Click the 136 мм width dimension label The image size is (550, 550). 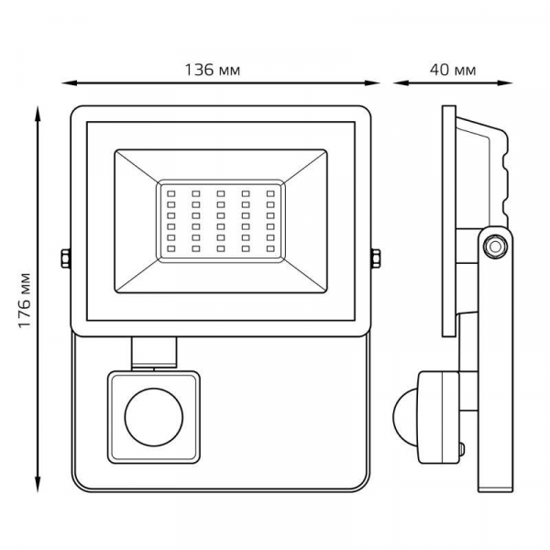pos(213,71)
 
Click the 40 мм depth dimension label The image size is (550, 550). pos(453,71)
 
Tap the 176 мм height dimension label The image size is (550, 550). pos(25,300)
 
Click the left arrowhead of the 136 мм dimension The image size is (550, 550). pos(69,83)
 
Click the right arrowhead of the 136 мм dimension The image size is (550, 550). pos(372,83)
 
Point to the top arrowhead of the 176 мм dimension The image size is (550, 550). pos(38,113)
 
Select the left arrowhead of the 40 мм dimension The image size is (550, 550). pos(401,83)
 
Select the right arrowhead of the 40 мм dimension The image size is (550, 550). pos(505,83)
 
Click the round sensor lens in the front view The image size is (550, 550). pos(154,417)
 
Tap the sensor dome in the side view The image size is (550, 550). pos(405,417)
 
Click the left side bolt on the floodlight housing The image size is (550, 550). pos(66,258)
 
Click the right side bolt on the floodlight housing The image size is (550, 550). pos(376,258)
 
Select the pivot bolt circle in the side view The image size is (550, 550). pos(495,247)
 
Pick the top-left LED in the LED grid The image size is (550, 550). pos(171,193)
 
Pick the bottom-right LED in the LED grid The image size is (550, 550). pos(270,248)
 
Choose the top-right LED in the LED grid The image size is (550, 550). pos(270,193)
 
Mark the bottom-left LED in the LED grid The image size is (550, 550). pos(171,248)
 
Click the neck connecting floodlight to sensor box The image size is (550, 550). pos(154,353)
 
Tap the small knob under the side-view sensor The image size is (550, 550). pos(462,449)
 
